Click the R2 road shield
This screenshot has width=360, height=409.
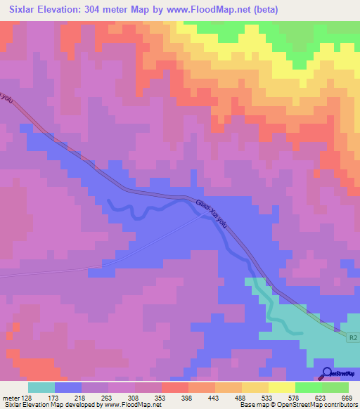pyautogui.click(x=353, y=337)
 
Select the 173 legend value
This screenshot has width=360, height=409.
pyautogui.click(x=67, y=397)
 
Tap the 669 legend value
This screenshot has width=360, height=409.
pyautogui.click(x=347, y=397)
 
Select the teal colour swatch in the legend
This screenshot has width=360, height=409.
pyautogui.click(x=41, y=387)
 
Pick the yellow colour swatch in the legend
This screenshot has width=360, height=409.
pyautogui.click(x=282, y=387)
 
